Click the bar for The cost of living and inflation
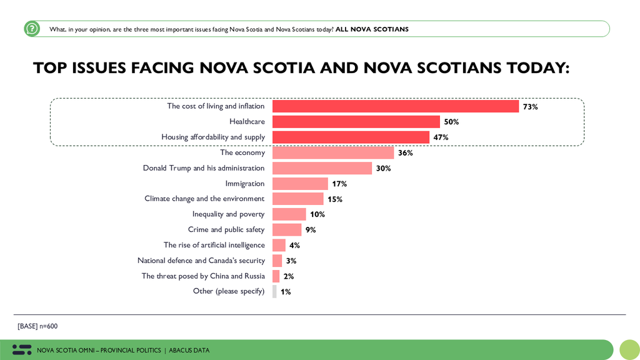[396, 106]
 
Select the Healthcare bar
[356, 122]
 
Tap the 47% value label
[441, 137]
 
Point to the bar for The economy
[333, 152]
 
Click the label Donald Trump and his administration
[204, 168]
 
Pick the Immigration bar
[300, 184]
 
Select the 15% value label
[335, 199]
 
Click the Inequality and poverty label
[229, 214]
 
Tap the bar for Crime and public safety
[287, 230]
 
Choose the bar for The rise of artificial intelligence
[279, 245]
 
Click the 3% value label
[291, 261]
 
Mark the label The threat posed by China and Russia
[203, 276]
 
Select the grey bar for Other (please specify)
[274, 291]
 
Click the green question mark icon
[32, 29]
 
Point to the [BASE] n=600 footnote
[37, 326]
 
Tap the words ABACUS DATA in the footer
[189, 350]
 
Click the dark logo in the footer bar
[22, 350]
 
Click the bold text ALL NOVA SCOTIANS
[372, 29]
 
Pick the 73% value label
[530, 107]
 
